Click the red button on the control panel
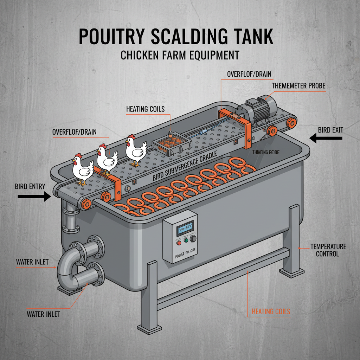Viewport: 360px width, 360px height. coord(178,243)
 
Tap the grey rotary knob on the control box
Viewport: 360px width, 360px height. coord(193,239)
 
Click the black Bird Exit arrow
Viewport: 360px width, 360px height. coord(326,138)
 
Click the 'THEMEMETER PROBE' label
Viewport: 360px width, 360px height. coord(299,85)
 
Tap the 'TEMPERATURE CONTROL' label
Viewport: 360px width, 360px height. coord(328,250)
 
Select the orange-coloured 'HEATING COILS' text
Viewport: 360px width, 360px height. coord(271,311)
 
